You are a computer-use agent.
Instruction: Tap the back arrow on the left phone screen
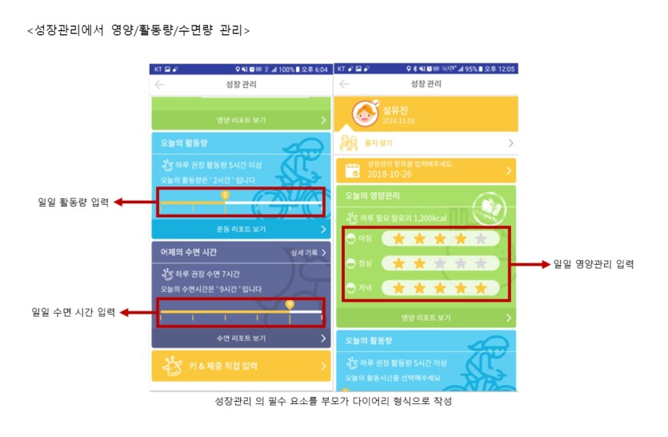tap(160, 84)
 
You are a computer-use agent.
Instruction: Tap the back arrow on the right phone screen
tap(344, 84)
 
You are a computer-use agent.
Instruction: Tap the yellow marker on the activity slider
tap(225, 194)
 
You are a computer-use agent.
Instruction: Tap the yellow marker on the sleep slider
tap(290, 304)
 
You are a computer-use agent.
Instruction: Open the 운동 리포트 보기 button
tap(241, 230)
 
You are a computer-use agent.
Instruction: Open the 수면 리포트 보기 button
tap(241, 339)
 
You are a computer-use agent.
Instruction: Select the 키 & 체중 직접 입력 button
tap(241, 367)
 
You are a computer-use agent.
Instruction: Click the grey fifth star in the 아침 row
tap(480, 239)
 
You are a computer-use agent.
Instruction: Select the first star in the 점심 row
tap(398, 263)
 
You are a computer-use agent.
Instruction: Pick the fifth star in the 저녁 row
tap(480, 287)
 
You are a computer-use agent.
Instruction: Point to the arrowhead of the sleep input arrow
tap(114, 313)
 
